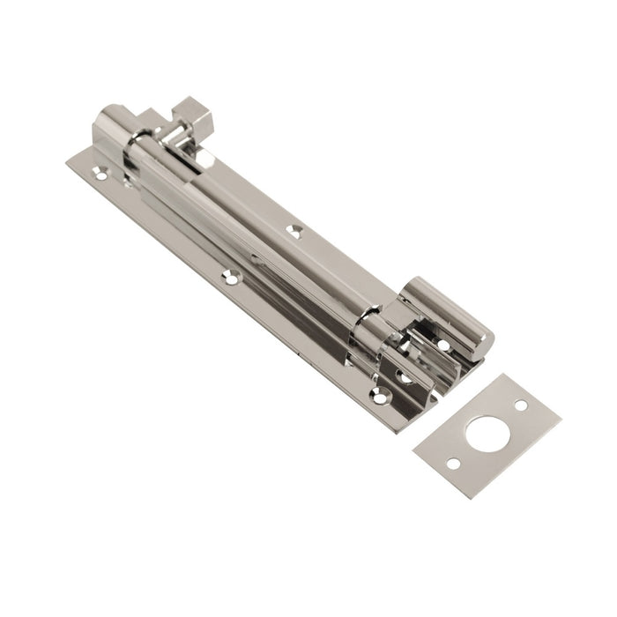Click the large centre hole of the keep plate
tap(486, 434)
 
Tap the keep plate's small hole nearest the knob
tap(521, 405)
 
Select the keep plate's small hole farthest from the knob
tap(452, 464)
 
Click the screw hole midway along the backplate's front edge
tap(234, 277)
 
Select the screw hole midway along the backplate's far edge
tap(294, 230)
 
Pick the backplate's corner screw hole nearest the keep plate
tap(379, 398)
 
